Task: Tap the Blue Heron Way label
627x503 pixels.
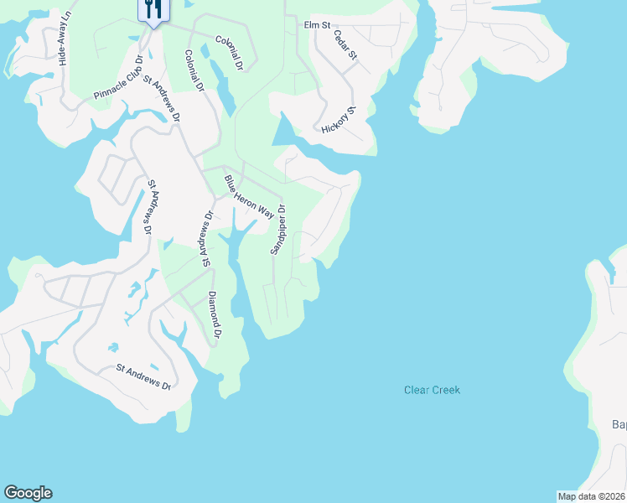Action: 249,197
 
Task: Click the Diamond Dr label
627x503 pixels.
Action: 215,315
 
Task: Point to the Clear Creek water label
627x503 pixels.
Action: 432,390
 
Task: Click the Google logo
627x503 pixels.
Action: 28,493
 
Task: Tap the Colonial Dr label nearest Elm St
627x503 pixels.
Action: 229,52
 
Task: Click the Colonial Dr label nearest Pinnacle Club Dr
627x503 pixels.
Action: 195,70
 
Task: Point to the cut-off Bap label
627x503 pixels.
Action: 619,425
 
